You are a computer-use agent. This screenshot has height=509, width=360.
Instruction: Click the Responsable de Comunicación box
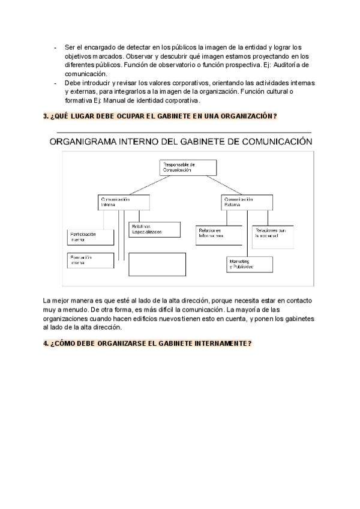point(184,167)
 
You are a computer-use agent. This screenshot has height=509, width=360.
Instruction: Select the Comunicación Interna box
point(120,202)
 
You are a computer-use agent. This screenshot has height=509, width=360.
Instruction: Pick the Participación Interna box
point(90,236)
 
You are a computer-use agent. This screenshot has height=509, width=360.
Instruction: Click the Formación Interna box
point(90,261)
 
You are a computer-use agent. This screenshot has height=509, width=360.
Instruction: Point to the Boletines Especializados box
point(154,229)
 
